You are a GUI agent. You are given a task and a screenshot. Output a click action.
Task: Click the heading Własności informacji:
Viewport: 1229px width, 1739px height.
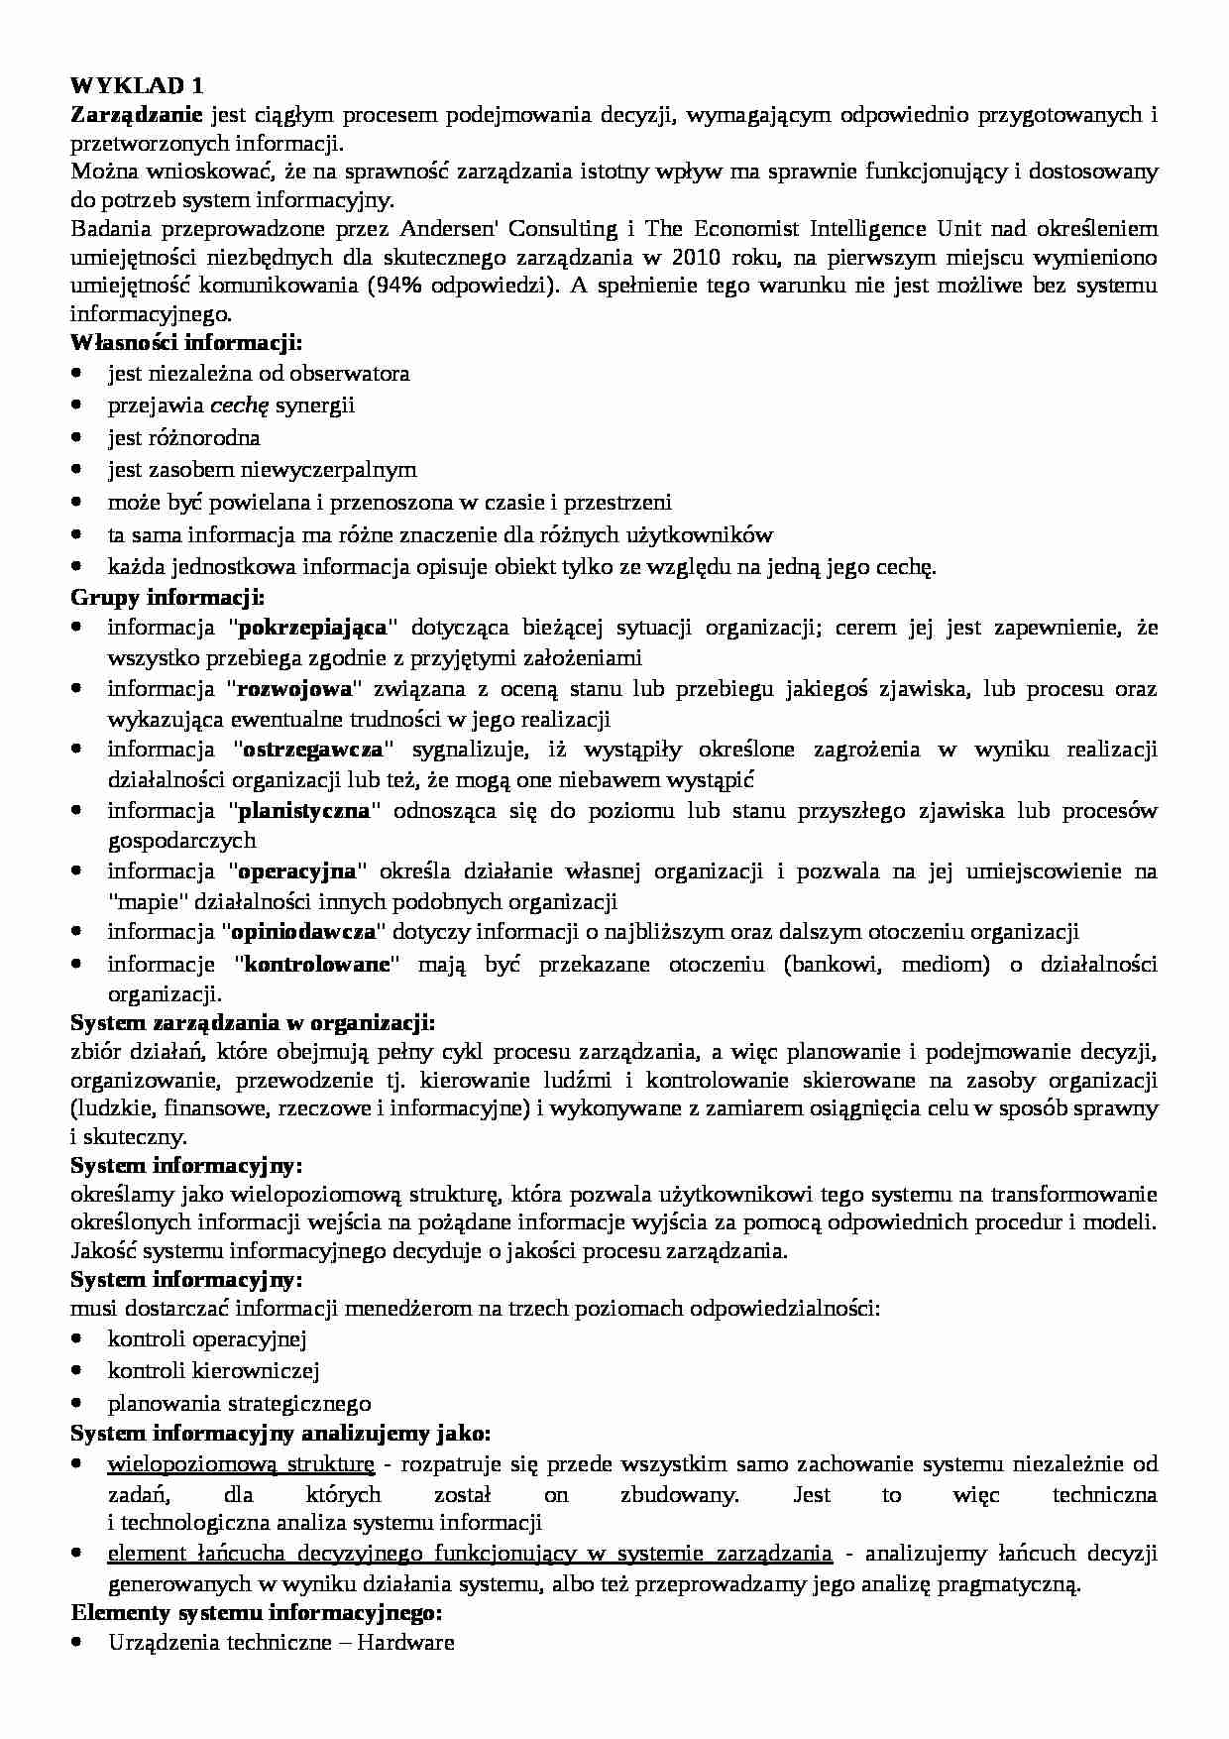click(186, 343)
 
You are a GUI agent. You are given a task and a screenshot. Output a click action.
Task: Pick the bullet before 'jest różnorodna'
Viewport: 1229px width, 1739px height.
click(77, 438)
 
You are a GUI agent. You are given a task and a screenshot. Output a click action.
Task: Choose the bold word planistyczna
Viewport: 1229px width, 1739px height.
click(305, 810)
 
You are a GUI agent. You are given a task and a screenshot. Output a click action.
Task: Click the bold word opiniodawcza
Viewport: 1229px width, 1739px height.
click(303, 932)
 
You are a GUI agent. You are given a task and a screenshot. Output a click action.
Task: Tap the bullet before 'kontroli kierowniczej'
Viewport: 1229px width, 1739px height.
click(77, 1371)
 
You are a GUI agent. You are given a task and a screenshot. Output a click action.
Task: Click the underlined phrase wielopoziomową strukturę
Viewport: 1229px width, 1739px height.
click(240, 1464)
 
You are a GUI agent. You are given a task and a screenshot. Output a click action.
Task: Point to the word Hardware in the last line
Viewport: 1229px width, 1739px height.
click(405, 1642)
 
